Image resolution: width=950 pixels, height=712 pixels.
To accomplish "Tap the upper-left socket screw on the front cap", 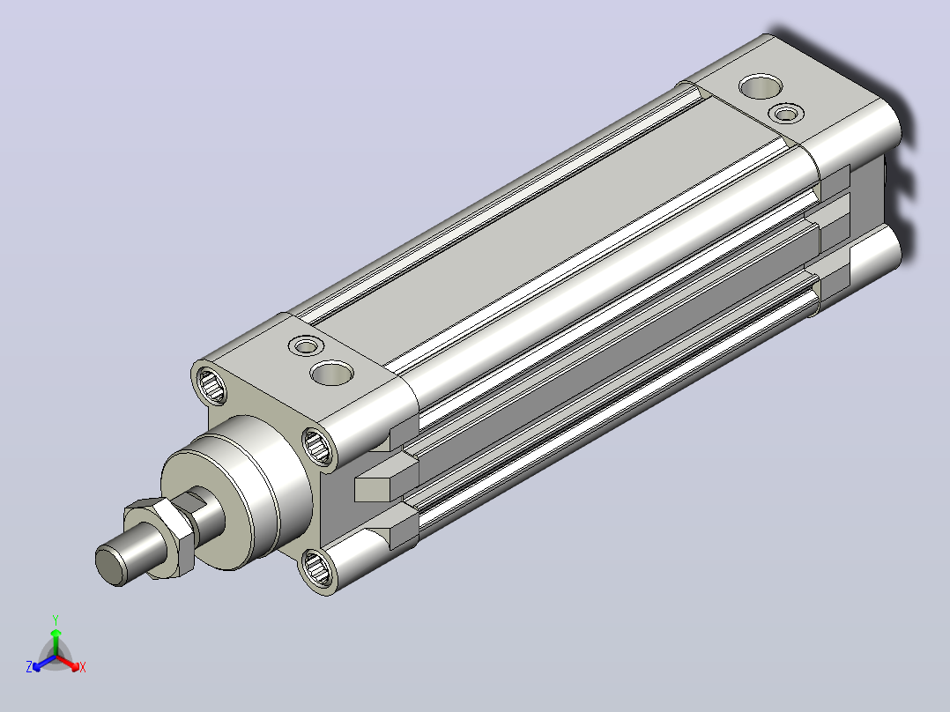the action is click(x=211, y=385).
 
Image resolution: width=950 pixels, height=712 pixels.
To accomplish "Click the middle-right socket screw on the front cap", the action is click(x=317, y=447).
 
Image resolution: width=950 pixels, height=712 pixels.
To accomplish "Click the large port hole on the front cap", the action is click(x=331, y=372).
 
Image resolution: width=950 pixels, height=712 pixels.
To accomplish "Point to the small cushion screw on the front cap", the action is click(x=306, y=346).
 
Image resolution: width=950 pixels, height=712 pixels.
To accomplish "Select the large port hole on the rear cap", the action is click(x=761, y=86).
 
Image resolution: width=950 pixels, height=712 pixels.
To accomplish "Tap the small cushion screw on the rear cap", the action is click(x=786, y=113).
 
